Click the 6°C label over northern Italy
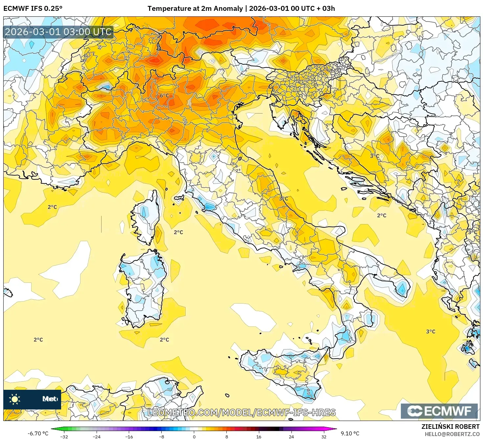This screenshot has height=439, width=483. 164,95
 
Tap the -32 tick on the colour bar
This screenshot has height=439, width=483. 64,436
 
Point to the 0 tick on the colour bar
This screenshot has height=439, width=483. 194,436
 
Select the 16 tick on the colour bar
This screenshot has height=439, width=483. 259,436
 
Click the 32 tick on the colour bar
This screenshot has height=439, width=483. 324,436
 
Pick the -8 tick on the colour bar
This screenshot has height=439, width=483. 162,436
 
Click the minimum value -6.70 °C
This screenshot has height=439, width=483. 38,433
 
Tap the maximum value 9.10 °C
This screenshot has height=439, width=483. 350,433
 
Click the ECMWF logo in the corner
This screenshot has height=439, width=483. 439,411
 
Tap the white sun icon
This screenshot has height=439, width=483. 15,399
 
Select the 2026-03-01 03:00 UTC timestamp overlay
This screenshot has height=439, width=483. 58,32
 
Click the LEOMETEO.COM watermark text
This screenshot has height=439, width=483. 241,412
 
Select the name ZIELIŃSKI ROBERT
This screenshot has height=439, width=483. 450,427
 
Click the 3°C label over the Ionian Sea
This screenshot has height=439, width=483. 430,331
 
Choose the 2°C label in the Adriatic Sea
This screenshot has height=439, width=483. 381,215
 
